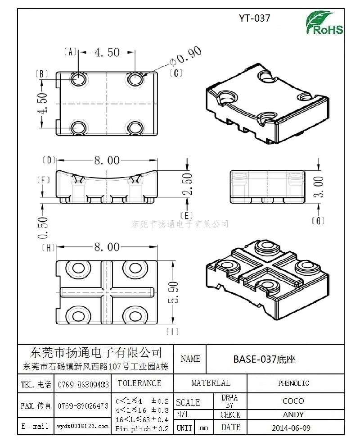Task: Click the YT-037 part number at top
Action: (254, 18)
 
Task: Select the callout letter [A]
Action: (71, 52)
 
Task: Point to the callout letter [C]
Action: (175, 73)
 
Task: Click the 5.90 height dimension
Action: (174, 292)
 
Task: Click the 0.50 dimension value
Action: (43, 228)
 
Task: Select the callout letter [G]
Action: (318, 220)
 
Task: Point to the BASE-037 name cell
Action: (264, 359)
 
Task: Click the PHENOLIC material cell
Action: (293, 383)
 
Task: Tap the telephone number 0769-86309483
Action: (83, 384)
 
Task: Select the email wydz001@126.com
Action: (83, 426)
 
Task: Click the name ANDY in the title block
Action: (293, 414)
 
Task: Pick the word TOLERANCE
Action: (139, 383)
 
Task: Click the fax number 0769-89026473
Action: (83, 406)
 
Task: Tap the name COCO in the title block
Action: (293, 400)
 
